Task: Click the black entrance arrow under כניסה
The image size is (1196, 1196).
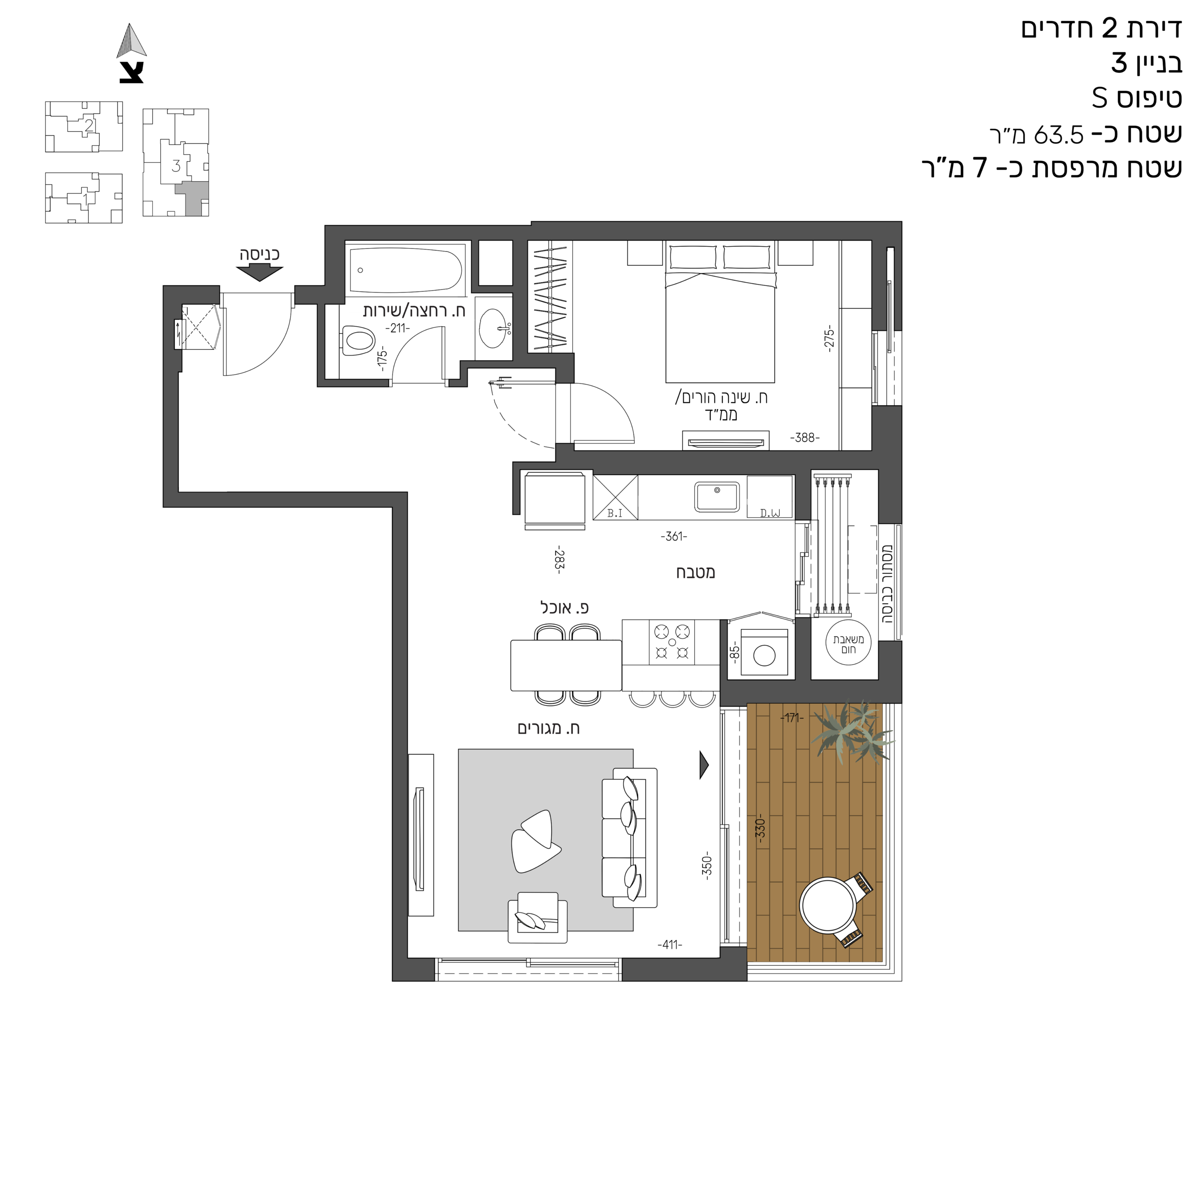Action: [x=259, y=272]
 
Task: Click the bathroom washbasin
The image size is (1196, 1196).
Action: [x=495, y=328]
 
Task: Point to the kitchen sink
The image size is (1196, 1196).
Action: [x=717, y=497]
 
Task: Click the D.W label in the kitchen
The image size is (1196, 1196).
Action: [x=770, y=513]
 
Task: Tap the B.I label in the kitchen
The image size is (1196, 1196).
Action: [x=615, y=513]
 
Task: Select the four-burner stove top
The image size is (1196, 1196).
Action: [x=672, y=642]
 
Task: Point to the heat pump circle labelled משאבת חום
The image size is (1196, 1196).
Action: [x=848, y=644]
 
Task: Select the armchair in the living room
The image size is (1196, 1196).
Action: [x=537, y=918]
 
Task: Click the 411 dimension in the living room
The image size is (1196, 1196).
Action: [x=670, y=945]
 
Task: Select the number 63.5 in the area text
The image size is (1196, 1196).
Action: [x=1059, y=135]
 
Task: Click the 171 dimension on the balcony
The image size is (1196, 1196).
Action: [x=792, y=718]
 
